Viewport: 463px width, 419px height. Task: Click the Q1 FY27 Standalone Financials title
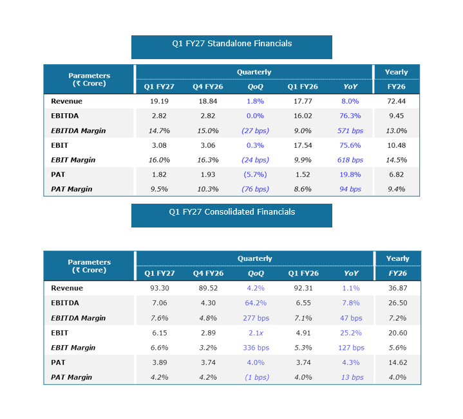pos(232,44)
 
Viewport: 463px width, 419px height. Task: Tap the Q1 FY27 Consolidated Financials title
pos(232,212)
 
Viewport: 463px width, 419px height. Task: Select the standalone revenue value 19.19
pos(159,102)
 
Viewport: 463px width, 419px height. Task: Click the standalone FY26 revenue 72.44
pos(396,102)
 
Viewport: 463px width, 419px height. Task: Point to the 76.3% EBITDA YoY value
pos(350,116)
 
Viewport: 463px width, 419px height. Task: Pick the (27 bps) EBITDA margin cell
pos(255,130)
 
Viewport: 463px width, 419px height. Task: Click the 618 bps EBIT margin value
pos(350,160)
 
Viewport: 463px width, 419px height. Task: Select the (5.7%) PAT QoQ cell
pos(255,174)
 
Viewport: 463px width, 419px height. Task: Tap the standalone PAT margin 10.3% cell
pos(208,189)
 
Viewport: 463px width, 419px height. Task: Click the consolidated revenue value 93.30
pos(160,288)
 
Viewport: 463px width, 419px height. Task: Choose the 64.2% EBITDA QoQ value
pos(256,303)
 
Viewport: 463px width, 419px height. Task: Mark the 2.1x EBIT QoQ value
pos(256,333)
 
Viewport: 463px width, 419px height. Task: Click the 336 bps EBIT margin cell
pos(256,348)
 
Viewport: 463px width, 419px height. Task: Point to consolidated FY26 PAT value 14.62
pos(398,362)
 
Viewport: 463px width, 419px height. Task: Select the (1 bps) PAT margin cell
pos(257,377)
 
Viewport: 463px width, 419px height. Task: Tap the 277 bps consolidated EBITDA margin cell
pos(256,318)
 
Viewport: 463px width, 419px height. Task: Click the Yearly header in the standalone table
pos(396,72)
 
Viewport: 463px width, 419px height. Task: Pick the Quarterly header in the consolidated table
pos(254,259)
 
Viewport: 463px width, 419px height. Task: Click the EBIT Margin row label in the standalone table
pos(73,160)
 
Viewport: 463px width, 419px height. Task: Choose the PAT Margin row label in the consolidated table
pos(71,377)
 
